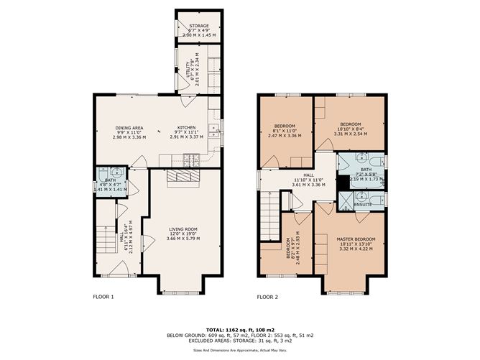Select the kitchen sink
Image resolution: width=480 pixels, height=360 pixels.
click(213, 131)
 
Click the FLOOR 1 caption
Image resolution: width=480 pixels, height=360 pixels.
click(103, 296)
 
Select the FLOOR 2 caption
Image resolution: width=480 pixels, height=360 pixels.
click(267, 296)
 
